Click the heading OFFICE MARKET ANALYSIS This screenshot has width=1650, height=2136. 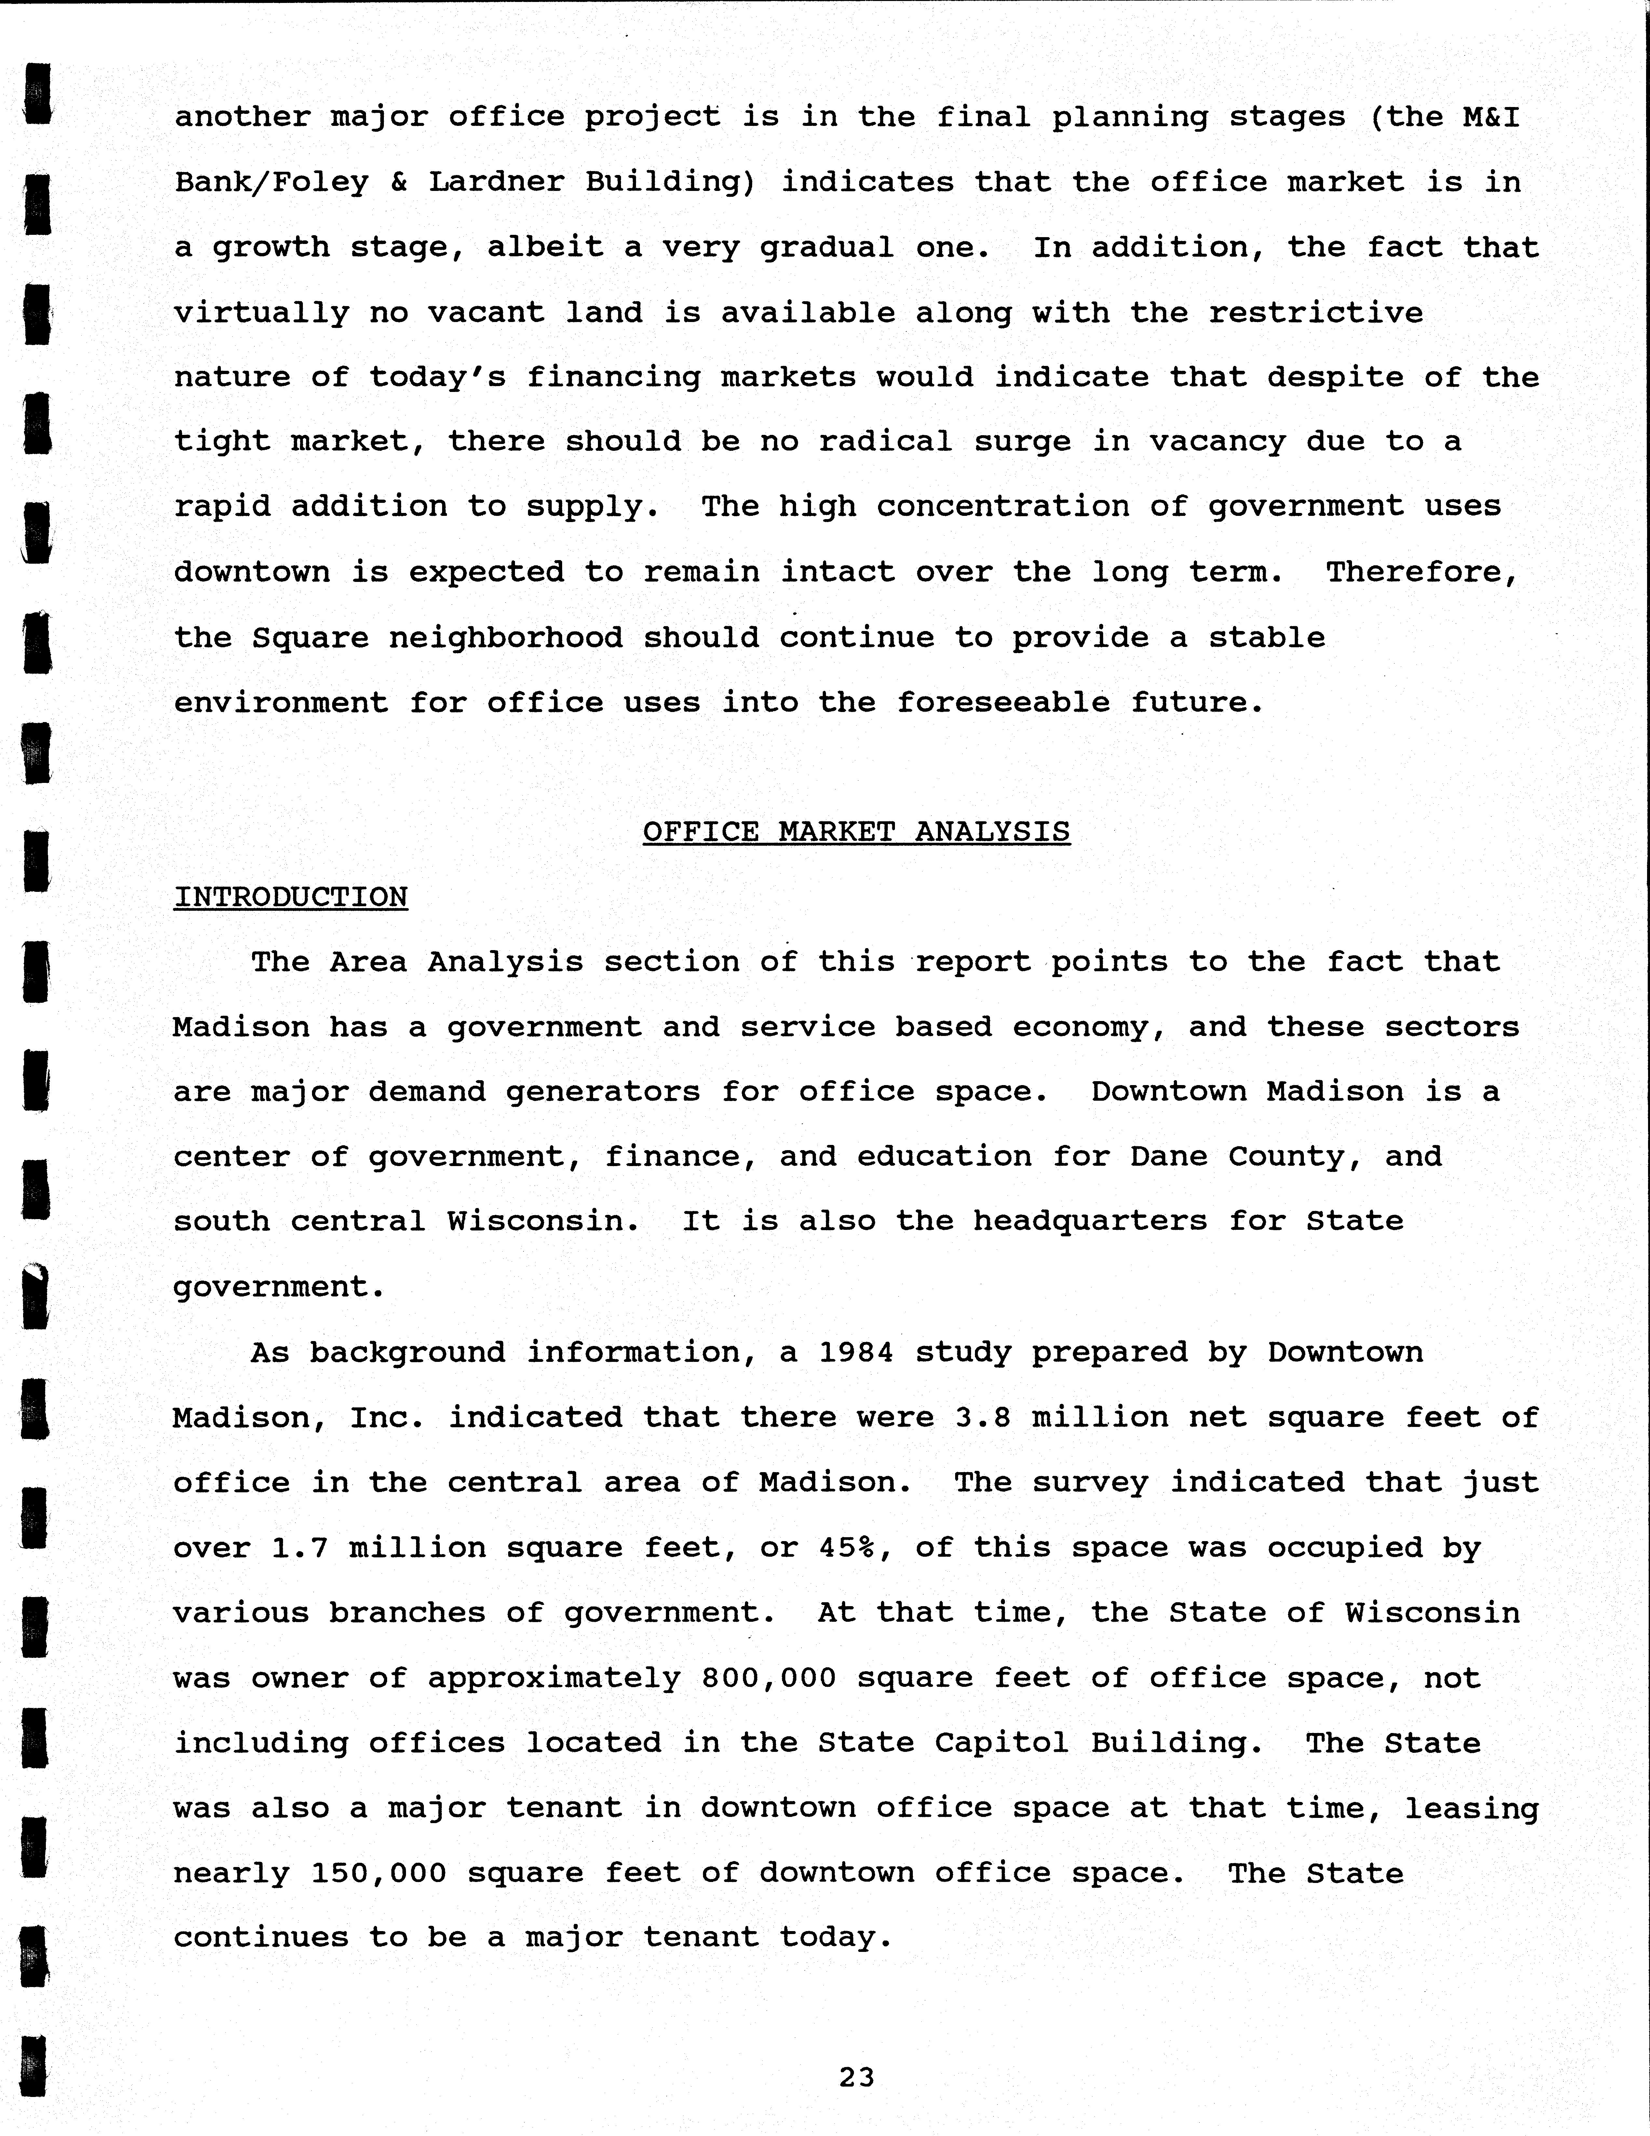(856, 832)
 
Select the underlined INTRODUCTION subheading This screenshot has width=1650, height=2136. (291, 897)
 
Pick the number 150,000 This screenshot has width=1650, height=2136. (379, 1873)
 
